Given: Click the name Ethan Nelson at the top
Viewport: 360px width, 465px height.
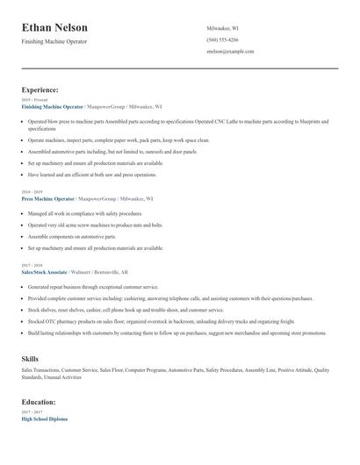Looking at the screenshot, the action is [x=54, y=27].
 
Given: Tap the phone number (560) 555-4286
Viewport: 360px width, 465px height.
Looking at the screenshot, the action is [x=222, y=39].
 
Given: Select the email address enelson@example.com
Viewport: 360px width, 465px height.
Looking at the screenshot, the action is [x=230, y=52].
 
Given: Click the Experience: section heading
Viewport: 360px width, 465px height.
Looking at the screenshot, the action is [x=40, y=89].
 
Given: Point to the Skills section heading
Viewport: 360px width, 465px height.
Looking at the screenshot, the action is [x=30, y=360].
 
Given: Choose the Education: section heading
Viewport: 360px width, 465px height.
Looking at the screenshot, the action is [x=39, y=402].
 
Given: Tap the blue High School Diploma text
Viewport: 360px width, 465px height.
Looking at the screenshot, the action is [x=44, y=418].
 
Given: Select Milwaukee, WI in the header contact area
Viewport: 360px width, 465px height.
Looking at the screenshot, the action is [x=223, y=28].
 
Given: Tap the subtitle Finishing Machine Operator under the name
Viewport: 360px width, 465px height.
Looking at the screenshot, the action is [x=54, y=41].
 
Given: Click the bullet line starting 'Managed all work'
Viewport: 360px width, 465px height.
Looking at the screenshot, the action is [x=84, y=213].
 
